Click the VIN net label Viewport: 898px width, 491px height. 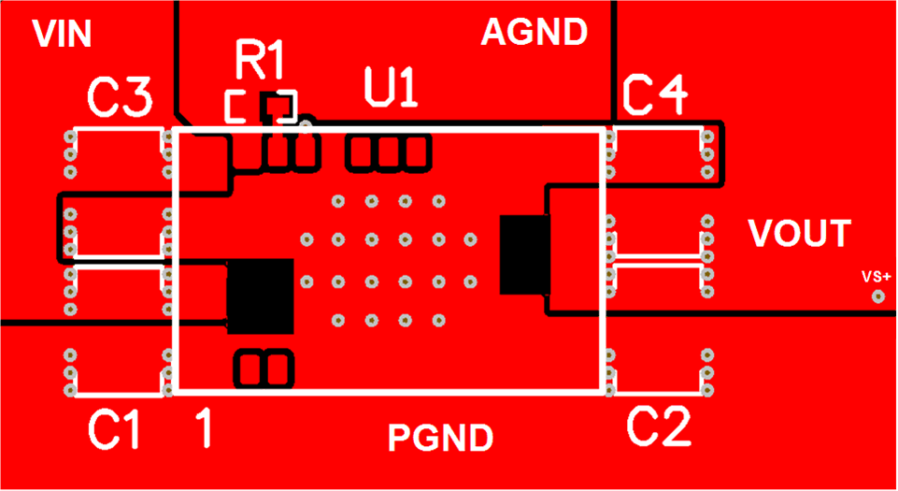click(x=62, y=35)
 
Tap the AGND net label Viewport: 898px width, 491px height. click(x=534, y=33)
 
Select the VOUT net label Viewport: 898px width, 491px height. click(x=800, y=234)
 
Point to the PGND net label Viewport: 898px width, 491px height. click(x=440, y=438)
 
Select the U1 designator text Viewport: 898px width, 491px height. click(x=390, y=92)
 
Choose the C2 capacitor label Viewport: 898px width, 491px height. click(x=659, y=427)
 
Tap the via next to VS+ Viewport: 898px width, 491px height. click(x=878, y=296)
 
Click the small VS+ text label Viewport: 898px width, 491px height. click(x=877, y=277)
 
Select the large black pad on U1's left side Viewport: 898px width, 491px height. click(x=261, y=296)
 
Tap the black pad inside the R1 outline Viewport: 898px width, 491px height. click(x=275, y=107)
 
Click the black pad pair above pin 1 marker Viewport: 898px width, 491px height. click(x=263, y=368)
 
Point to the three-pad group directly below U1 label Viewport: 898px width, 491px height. click(x=389, y=152)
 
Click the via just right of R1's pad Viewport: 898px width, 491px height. click(x=306, y=122)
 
